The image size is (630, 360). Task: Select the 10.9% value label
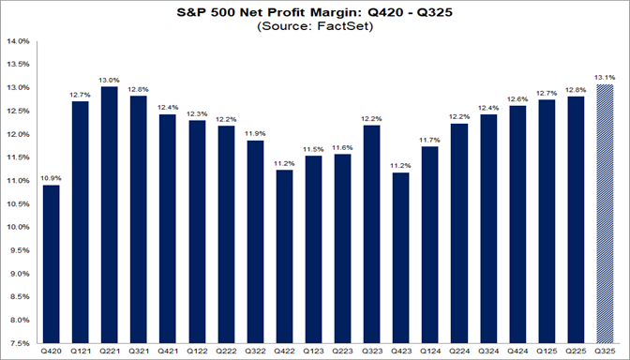(52, 177)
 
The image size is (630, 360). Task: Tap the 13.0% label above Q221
(111, 80)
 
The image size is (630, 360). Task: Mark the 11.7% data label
(430, 140)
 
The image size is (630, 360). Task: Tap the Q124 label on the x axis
(430, 352)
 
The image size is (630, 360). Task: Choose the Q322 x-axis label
(256, 352)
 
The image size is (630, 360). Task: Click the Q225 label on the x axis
(576, 352)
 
